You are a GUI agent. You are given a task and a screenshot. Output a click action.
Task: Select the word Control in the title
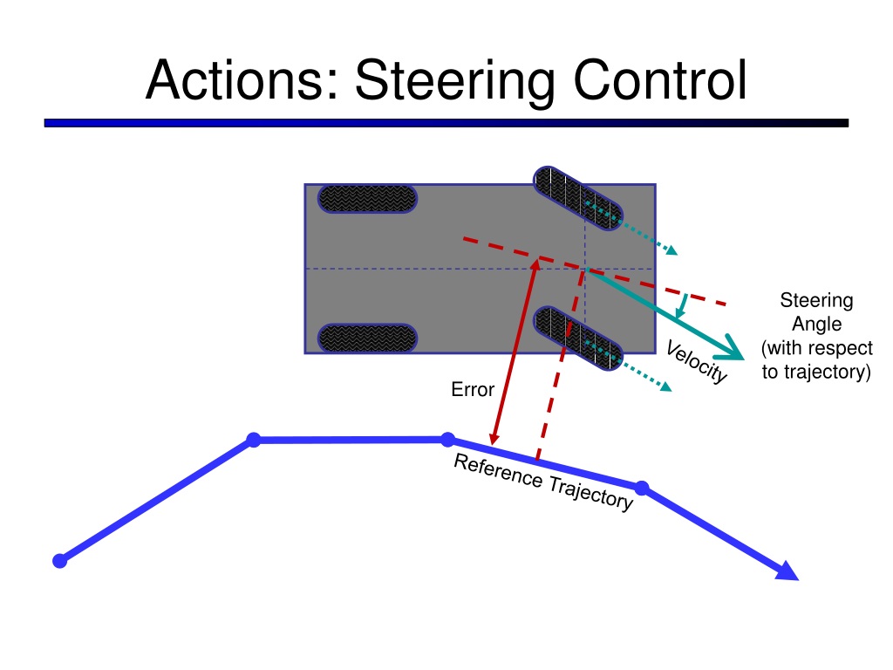659,80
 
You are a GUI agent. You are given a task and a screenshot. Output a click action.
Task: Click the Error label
473,390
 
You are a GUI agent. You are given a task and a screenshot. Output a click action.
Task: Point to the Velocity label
696,362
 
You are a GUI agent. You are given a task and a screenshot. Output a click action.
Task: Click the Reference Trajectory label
542,482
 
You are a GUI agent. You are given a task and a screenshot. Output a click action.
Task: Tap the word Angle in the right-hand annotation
816,325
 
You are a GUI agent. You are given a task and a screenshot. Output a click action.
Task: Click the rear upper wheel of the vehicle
366,198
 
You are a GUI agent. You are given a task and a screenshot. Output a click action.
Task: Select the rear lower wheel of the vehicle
366,338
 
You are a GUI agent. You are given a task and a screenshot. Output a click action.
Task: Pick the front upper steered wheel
576,198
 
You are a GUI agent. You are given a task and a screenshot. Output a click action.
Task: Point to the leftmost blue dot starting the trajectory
59,560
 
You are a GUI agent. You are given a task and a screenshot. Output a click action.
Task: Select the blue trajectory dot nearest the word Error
447,439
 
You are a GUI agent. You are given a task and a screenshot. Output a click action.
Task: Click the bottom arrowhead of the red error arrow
494,438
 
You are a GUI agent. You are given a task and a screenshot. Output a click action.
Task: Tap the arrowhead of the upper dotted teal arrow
671,250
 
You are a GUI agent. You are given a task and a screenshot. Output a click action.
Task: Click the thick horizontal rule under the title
446,124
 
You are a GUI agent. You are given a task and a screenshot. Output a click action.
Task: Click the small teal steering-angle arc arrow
682,307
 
